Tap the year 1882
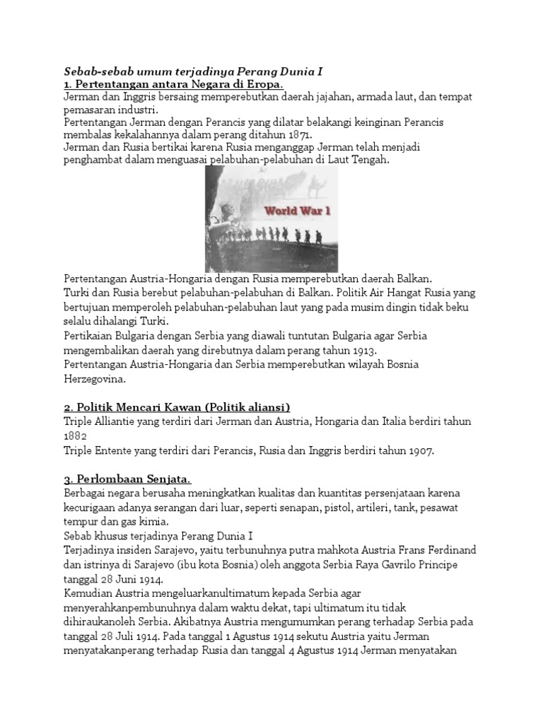(74, 436)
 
